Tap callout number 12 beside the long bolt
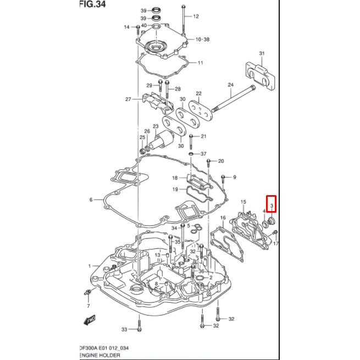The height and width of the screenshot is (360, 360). pos(196,16)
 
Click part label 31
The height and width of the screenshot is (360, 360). pos(262,53)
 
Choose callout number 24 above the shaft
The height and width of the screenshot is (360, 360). pos(231,85)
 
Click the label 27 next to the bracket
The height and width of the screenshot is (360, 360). pos(128,99)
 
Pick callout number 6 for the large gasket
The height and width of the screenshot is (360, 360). pos(91,200)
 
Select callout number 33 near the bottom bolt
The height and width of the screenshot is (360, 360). pos(124,329)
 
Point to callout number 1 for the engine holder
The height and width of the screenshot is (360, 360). pos(90,266)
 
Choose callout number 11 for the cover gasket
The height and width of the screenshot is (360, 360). pos(201,63)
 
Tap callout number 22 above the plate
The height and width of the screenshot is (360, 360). pos(198,94)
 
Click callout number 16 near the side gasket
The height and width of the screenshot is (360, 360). pos(223,218)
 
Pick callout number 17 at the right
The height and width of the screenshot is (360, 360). pos(276,243)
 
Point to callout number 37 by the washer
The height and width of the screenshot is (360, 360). pos(203,154)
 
